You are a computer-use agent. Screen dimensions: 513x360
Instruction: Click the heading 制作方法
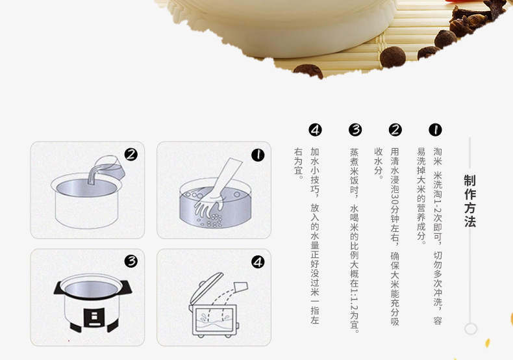click(x=469, y=201)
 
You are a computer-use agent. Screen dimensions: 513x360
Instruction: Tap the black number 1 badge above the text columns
click(x=435, y=130)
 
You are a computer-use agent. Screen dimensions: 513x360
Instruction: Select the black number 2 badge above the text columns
click(x=395, y=130)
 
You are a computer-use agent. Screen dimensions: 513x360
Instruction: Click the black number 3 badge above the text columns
click(x=355, y=130)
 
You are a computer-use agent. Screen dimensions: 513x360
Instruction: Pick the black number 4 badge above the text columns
click(x=315, y=130)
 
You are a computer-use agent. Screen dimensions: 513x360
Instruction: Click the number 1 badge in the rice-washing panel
click(x=258, y=155)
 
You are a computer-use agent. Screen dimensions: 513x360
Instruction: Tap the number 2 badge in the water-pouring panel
click(x=131, y=155)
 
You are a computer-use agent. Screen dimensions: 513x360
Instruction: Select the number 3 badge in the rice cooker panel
click(x=131, y=261)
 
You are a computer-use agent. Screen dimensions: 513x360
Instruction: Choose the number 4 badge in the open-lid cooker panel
click(x=258, y=262)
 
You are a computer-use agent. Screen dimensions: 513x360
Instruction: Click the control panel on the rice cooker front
click(x=94, y=317)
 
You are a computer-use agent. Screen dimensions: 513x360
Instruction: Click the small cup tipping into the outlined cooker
click(x=240, y=287)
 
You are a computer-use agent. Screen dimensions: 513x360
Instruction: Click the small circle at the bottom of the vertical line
click(x=471, y=329)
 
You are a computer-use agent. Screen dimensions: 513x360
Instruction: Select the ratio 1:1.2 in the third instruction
click(x=355, y=298)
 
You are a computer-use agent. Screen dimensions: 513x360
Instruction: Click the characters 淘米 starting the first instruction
click(x=438, y=157)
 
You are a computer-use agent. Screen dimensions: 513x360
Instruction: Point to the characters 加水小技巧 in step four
click(x=315, y=170)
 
